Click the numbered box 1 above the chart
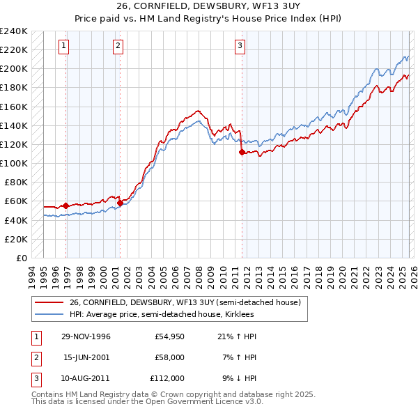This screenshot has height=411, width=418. click(x=63, y=47)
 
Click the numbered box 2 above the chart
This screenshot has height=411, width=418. click(x=118, y=47)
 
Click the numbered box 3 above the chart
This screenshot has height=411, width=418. click(x=240, y=47)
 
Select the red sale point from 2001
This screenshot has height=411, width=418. click(x=120, y=203)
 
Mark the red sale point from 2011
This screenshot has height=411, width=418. click(x=242, y=152)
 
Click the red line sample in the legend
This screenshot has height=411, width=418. click(x=49, y=302)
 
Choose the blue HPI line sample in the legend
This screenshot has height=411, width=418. click(x=49, y=314)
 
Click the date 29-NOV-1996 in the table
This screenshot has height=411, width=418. click(x=86, y=336)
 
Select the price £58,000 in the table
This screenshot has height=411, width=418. click(x=169, y=357)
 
